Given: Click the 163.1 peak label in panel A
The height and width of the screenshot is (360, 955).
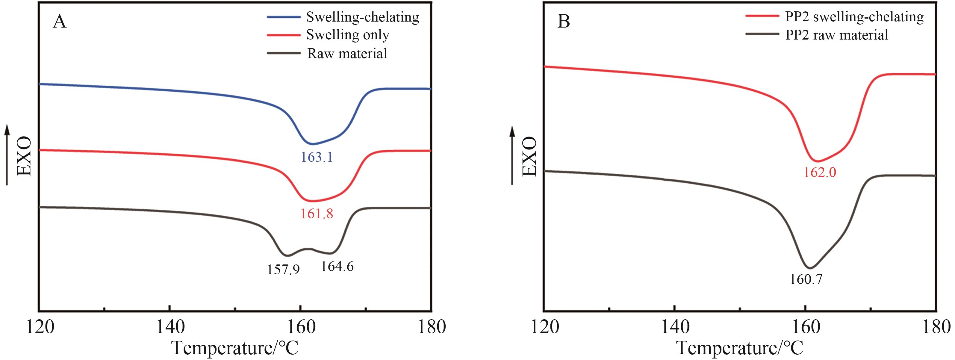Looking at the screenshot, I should (x=317, y=158).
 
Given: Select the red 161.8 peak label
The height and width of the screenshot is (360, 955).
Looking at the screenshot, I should (x=317, y=214).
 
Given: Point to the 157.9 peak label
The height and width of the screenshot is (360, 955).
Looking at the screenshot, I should (x=283, y=270).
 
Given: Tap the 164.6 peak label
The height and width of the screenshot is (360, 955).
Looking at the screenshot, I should (x=337, y=266).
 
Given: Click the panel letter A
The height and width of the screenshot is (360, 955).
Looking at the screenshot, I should (x=59, y=22).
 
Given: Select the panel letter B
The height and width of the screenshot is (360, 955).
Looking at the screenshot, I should (x=564, y=22).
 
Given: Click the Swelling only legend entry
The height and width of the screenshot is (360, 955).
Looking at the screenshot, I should (x=348, y=35).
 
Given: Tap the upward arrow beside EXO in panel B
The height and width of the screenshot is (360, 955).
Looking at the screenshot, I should (x=512, y=156).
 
